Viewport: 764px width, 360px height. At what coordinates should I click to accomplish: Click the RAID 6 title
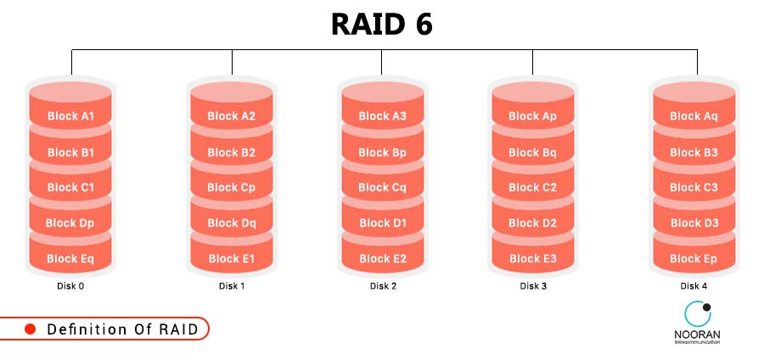tap(381, 25)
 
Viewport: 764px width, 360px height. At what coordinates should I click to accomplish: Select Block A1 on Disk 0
tap(70, 116)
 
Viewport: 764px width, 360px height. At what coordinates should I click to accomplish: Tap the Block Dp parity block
tap(70, 223)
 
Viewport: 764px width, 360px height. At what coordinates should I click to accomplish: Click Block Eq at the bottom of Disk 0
tap(70, 259)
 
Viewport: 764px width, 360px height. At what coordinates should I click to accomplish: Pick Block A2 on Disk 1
tap(231, 116)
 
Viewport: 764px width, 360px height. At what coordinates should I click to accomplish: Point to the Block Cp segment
tap(231, 188)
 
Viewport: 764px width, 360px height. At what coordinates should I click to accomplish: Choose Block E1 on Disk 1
tap(231, 259)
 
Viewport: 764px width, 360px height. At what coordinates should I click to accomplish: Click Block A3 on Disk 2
tap(382, 116)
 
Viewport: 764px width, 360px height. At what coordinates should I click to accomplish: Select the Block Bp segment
tap(382, 153)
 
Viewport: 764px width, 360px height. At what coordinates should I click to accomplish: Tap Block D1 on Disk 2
tap(382, 223)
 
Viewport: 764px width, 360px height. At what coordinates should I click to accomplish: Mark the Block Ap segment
tap(532, 116)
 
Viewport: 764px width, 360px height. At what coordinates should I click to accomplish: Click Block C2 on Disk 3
tap(532, 188)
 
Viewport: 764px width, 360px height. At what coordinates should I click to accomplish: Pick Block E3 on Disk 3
tap(532, 259)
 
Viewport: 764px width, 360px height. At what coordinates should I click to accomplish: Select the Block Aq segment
tap(694, 116)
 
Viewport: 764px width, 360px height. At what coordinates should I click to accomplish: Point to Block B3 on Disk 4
tap(694, 153)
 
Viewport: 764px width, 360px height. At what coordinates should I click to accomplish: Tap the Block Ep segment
tap(694, 259)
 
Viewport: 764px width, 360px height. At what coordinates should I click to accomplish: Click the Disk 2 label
tap(383, 286)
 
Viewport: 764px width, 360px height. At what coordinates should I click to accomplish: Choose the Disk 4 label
tap(694, 286)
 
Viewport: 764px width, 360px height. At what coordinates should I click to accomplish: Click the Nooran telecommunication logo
tap(696, 323)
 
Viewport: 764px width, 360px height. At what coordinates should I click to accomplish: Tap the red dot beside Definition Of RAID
tap(30, 329)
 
